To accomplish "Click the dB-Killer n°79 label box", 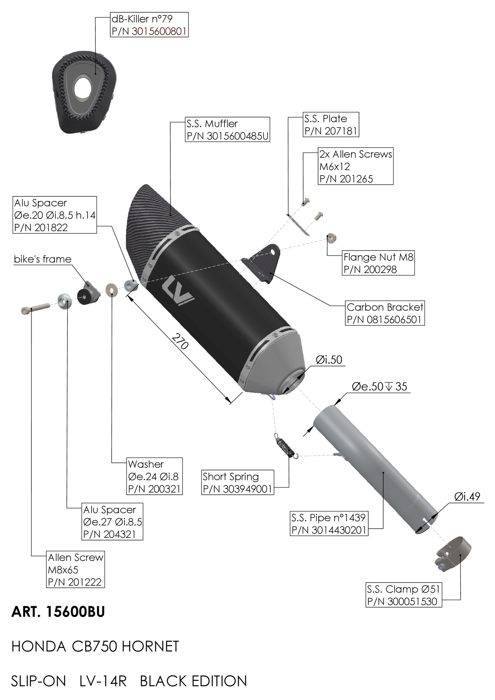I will [x=149, y=25].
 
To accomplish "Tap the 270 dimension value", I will [x=180, y=341].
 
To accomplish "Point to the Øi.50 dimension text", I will [x=329, y=360].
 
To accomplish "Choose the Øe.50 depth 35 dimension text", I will [x=379, y=386].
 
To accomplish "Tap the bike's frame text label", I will [x=43, y=259].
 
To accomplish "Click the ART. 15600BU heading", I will [x=58, y=612].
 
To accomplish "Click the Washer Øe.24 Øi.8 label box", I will [x=154, y=476].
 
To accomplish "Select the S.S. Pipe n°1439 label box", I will [x=329, y=524].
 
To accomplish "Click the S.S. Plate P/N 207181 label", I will [x=331, y=125].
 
